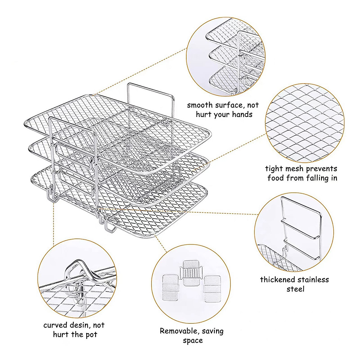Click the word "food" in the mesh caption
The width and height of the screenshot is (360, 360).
click(x=276, y=178)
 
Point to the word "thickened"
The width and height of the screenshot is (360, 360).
click(x=278, y=280)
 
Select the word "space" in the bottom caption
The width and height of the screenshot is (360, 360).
click(x=193, y=341)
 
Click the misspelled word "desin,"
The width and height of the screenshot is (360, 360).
click(x=79, y=325)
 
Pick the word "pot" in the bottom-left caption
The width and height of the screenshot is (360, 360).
click(x=91, y=335)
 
